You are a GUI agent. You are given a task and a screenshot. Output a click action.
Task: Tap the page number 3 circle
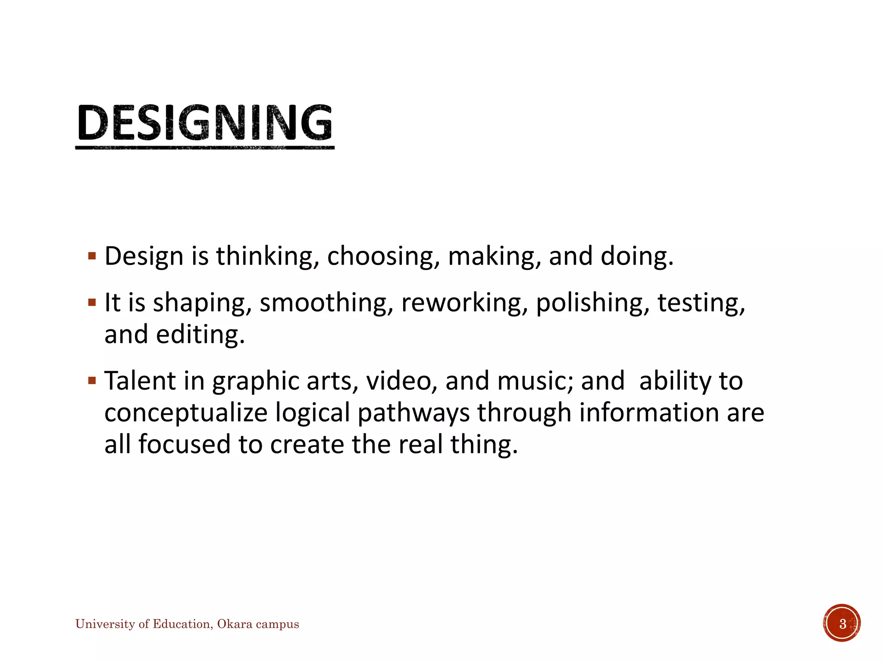pos(842,623)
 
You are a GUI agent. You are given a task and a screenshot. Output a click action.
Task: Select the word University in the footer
pos(105,624)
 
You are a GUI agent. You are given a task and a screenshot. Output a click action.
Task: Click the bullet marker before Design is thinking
pos(92,256)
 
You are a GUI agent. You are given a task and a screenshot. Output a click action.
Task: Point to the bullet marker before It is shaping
pos(92,302)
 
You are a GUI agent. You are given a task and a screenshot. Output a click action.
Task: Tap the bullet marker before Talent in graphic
pos(92,381)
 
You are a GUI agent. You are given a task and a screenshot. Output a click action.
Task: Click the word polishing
pos(592,303)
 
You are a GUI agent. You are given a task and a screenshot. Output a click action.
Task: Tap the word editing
pos(200,334)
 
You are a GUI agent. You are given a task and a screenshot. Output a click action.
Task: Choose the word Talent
pos(140,381)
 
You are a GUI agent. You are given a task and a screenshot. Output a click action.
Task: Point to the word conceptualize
pos(186,413)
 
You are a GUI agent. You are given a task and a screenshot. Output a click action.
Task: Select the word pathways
pos(413,413)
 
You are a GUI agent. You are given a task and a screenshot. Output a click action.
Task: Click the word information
pos(650,413)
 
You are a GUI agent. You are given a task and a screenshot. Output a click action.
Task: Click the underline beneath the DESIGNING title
pos(205,148)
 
